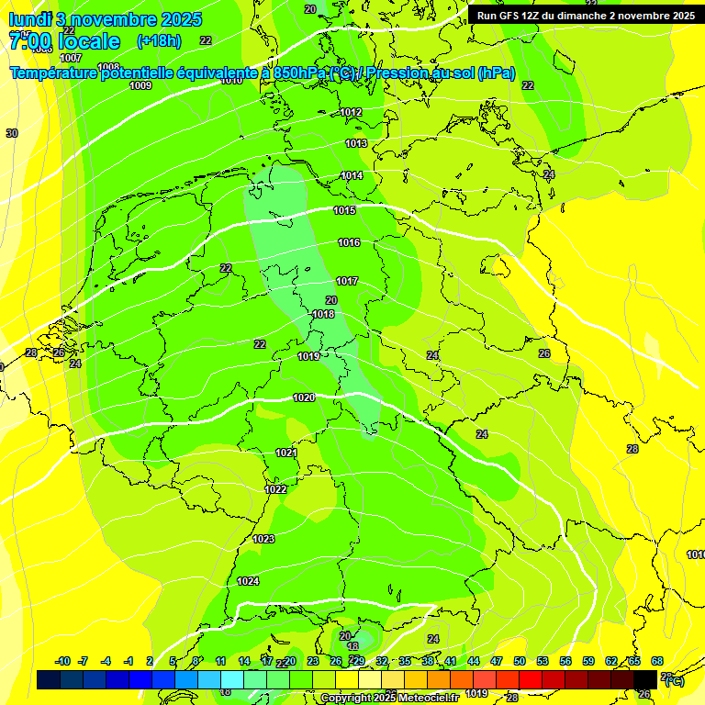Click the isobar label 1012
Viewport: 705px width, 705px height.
pos(351,112)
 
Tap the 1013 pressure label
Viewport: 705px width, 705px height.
pos(356,143)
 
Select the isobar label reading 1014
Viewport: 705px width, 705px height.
pos(352,175)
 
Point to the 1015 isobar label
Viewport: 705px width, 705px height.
pos(344,211)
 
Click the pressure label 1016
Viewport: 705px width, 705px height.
pos(349,242)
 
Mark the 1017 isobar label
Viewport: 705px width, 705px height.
pos(347,281)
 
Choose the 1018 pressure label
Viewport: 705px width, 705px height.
pos(323,314)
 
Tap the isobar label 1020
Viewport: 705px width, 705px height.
pos(304,397)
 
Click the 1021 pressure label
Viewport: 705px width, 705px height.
pos(286,453)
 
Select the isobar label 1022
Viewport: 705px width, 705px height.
pos(275,489)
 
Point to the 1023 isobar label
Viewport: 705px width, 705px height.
pos(263,539)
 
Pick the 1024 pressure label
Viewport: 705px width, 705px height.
pos(248,581)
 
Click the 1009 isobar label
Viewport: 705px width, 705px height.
pos(140,85)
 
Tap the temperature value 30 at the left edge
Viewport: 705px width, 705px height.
pos(12,133)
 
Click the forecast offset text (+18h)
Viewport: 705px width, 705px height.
pos(159,40)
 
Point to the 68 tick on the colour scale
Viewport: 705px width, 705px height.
pos(657,661)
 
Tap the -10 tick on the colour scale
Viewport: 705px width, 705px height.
pos(63,661)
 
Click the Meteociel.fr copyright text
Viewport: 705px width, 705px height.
pos(389,699)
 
